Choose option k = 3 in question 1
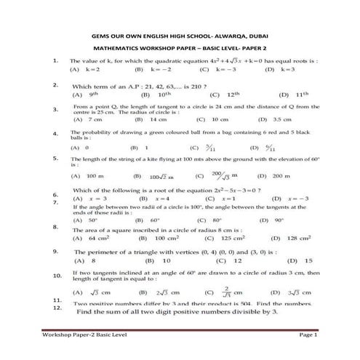(x=284, y=70)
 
